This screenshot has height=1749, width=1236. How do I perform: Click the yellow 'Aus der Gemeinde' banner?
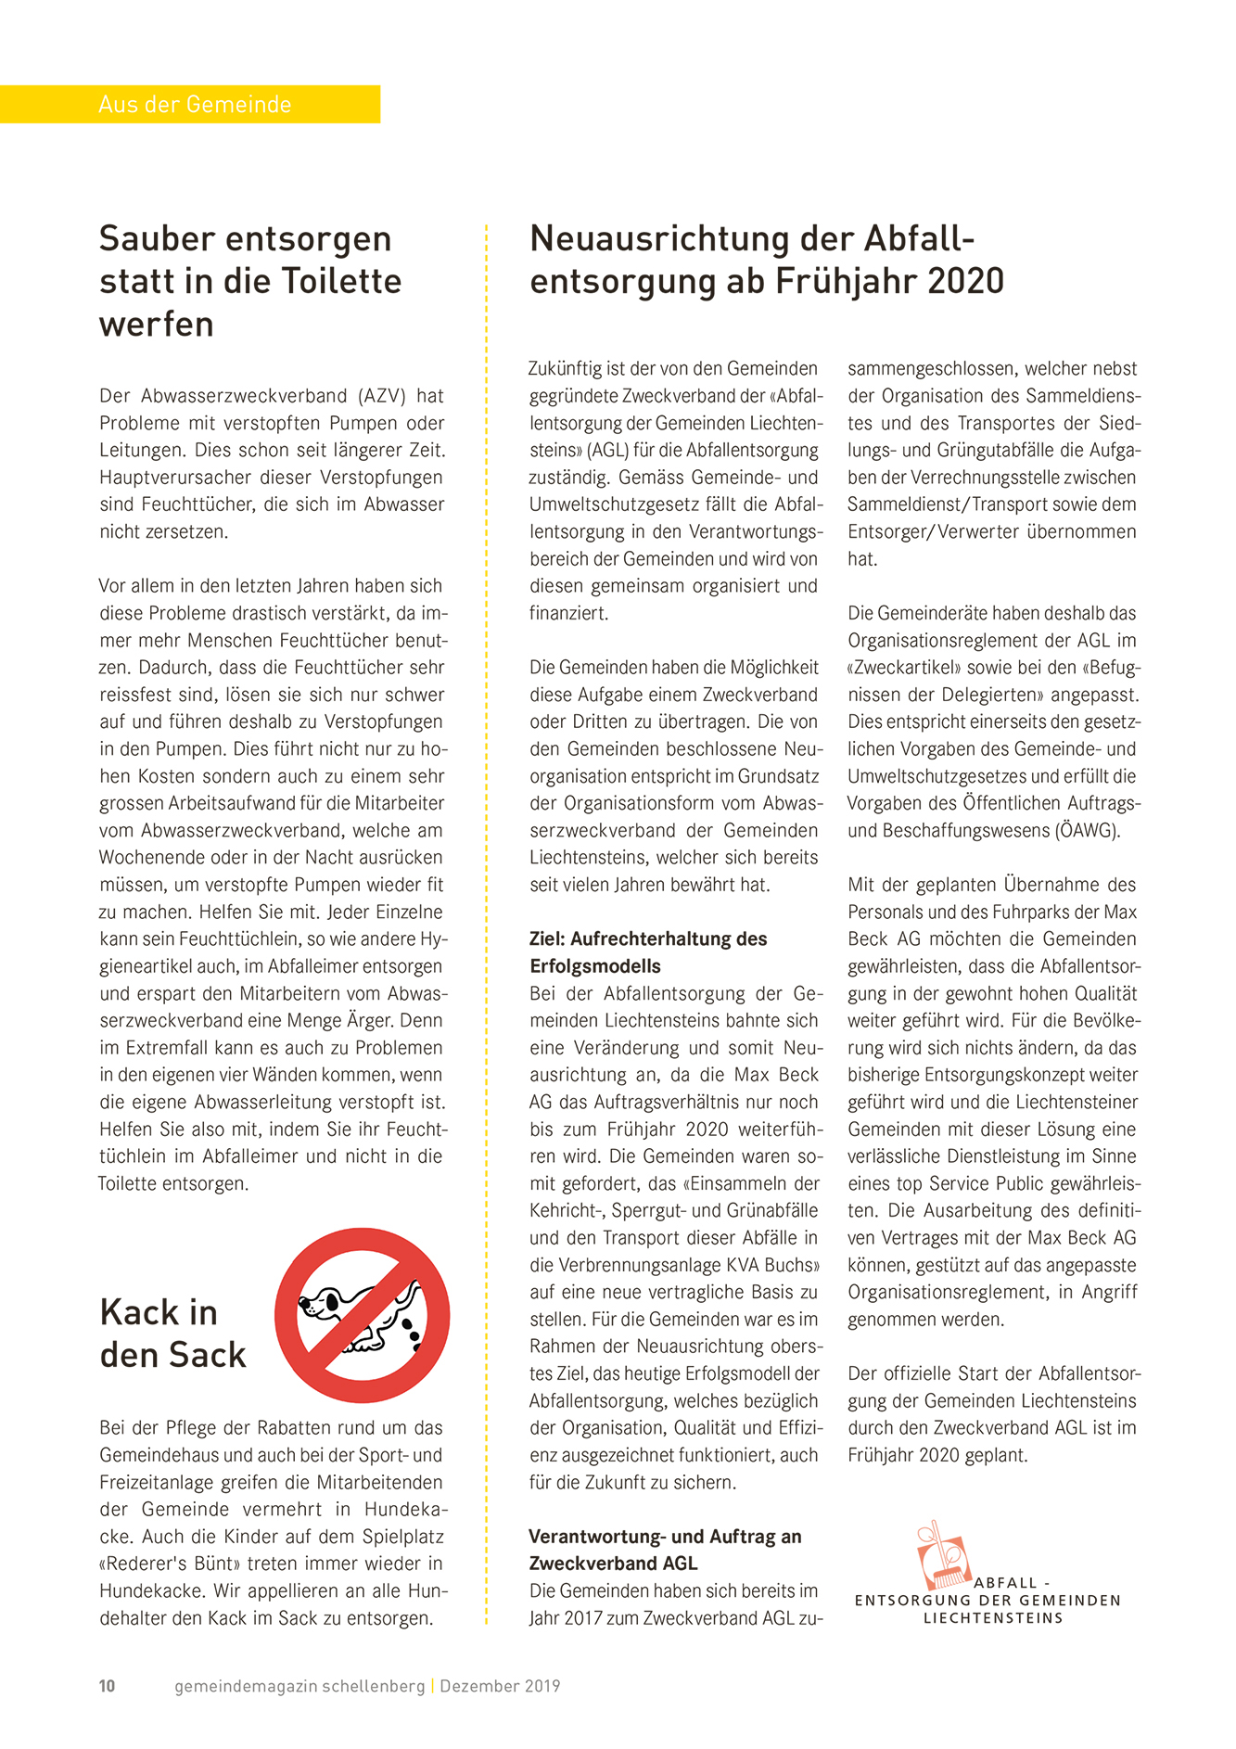click(x=190, y=104)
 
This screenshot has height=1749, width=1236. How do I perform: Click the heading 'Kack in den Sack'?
click(x=172, y=1334)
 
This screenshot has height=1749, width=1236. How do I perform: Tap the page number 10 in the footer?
click(x=107, y=1686)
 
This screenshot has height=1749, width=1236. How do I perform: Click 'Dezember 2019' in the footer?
click(x=500, y=1686)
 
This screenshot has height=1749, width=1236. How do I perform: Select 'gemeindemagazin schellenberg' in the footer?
click(x=299, y=1686)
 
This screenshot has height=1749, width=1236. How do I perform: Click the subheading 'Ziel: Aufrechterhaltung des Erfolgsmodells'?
click(x=647, y=952)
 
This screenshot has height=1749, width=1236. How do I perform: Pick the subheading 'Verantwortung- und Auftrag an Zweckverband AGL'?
click(x=664, y=1550)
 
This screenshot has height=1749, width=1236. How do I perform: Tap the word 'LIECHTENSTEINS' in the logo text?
click(x=992, y=1618)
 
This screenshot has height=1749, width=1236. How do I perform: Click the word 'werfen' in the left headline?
click(x=157, y=324)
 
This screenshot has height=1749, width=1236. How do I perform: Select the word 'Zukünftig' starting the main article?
click(x=566, y=369)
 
